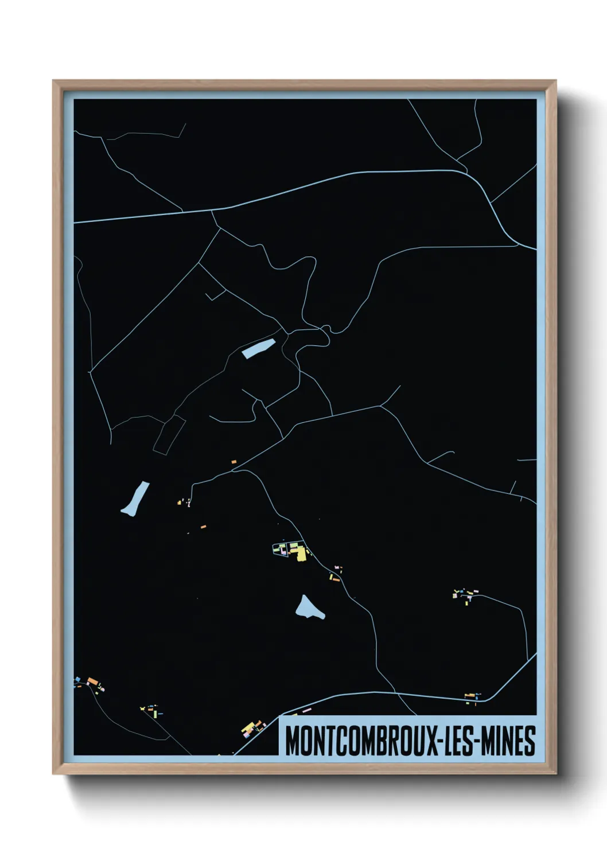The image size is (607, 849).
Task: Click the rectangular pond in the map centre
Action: click(x=259, y=348)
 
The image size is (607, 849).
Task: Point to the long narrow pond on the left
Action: click(x=136, y=499)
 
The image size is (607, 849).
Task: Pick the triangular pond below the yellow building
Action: click(x=309, y=608)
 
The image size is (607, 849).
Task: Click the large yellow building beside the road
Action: click(x=299, y=553)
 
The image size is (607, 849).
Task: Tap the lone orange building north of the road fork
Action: click(x=234, y=461)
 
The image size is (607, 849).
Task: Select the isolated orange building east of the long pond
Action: click(x=203, y=526)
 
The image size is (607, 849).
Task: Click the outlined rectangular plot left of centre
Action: click(x=169, y=435)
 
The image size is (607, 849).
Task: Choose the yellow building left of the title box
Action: click(x=250, y=729)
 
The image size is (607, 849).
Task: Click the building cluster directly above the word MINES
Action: click(x=472, y=696)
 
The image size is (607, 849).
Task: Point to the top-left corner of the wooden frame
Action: click(x=54, y=81)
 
